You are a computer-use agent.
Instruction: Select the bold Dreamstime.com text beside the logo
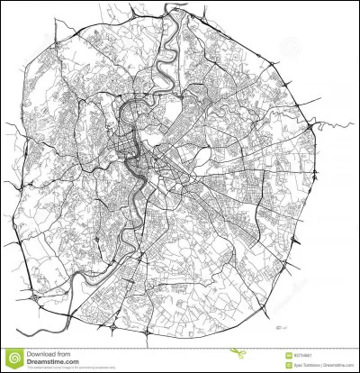[x=49, y=362]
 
